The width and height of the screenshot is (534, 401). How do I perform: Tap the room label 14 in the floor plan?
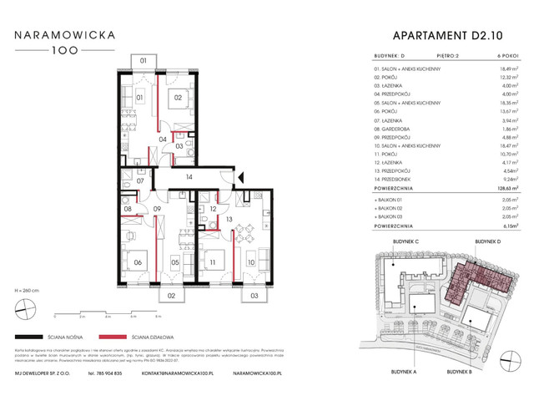tap(189, 177)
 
